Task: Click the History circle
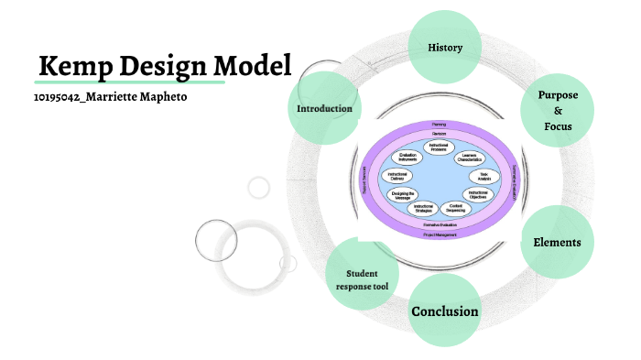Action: pos(445,47)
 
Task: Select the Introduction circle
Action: pos(325,109)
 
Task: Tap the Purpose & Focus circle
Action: pos(558,110)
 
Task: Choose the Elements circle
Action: pos(557,243)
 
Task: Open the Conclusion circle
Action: pos(445,311)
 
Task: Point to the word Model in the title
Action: pos(253,66)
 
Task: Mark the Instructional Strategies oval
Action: pos(424,209)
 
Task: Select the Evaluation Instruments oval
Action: pos(408,157)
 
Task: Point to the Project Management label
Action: pos(440,234)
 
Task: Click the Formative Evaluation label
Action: pos(440,224)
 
